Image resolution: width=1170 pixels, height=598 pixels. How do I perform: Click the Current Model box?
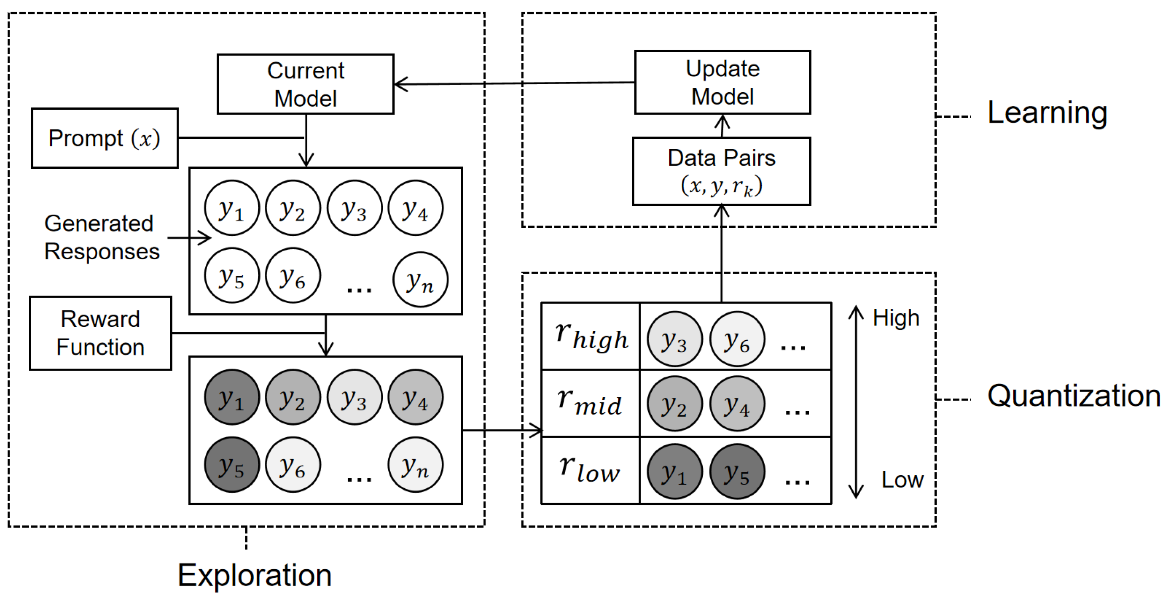click(x=305, y=84)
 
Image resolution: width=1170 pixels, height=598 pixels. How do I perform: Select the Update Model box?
click(x=722, y=82)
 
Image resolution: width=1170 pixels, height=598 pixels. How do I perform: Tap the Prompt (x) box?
click(x=104, y=138)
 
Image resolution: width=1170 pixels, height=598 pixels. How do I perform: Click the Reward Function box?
click(x=100, y=333)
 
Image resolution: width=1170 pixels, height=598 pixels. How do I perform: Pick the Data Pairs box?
click(x=721, y=171)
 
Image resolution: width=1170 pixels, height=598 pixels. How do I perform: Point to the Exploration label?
click(x=254, y=575)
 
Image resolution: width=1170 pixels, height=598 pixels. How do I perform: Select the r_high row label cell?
click(x=590, y=336)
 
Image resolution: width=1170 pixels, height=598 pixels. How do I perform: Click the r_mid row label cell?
click(x=590, y=403)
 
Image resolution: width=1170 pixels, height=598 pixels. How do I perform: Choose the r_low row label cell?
click(x=590, y=470)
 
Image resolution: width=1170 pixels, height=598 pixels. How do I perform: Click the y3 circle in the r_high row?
click(x=674, y=339)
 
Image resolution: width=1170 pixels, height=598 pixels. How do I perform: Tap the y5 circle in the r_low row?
click(x=737, y=471)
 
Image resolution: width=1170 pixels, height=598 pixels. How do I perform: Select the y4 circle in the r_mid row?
click(x=737, y=403)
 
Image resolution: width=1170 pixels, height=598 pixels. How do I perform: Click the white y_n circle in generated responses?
click(x=420, y=280)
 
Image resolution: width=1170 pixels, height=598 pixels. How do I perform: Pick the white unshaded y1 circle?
click(x=232, y=208)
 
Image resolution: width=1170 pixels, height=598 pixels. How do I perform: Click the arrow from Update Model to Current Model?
click(x=513, y=83)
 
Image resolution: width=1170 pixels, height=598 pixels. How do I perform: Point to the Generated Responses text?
click(x=101, y=237)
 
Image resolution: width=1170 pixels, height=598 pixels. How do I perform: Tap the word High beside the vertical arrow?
click(x=896, y=318)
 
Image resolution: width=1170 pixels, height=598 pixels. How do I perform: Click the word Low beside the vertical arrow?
click(x=902, y=480)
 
